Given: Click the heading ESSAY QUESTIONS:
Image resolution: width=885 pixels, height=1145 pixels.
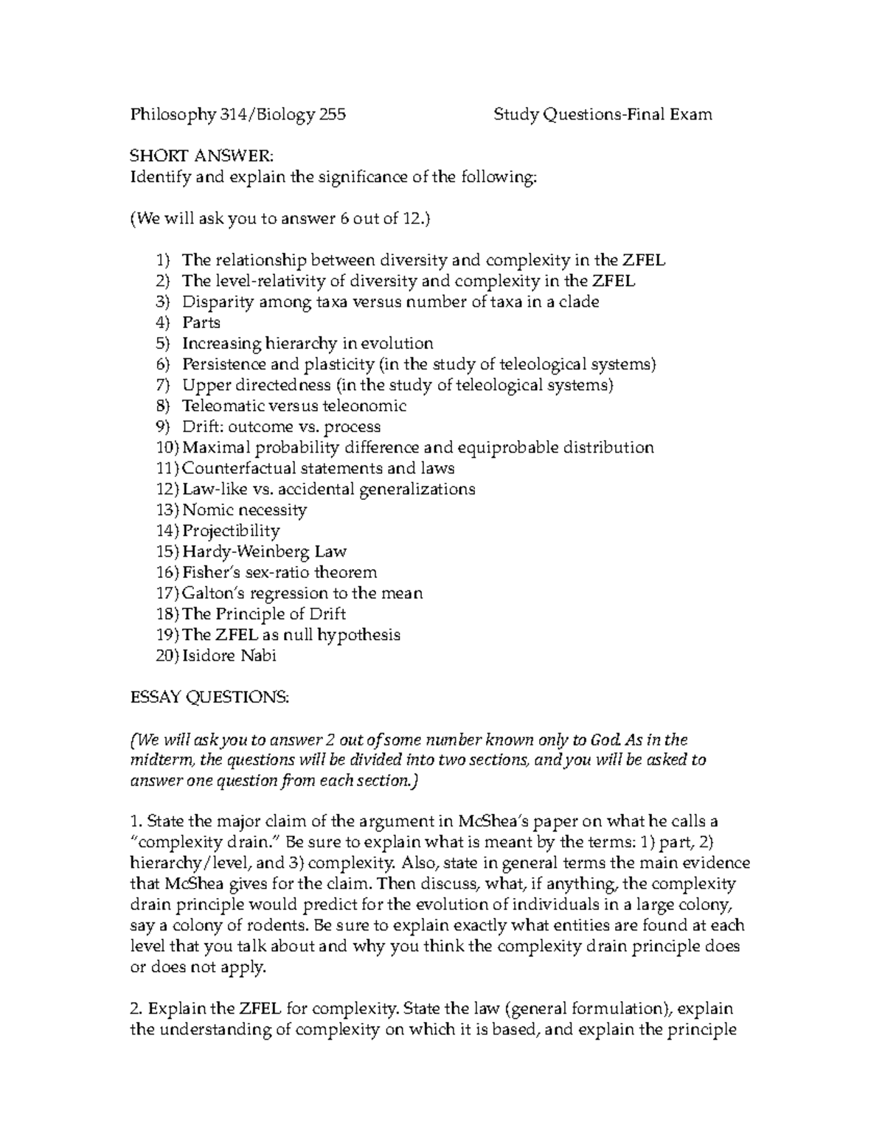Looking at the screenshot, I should point(209,697).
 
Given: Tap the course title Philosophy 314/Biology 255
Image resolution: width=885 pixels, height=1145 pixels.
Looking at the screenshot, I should point(237,114).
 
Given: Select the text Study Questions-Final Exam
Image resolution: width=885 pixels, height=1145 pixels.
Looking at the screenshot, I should point(603,114).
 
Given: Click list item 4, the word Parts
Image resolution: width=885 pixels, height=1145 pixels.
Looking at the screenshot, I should point(201,322).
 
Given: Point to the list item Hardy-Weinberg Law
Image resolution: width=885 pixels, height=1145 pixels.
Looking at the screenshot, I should point(264,551).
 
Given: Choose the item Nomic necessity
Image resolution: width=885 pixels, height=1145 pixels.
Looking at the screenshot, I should point(244,510).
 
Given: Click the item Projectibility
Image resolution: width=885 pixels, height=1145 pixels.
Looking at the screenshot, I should point(231,531).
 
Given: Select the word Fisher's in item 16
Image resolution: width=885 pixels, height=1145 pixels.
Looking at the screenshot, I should point(209,572).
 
